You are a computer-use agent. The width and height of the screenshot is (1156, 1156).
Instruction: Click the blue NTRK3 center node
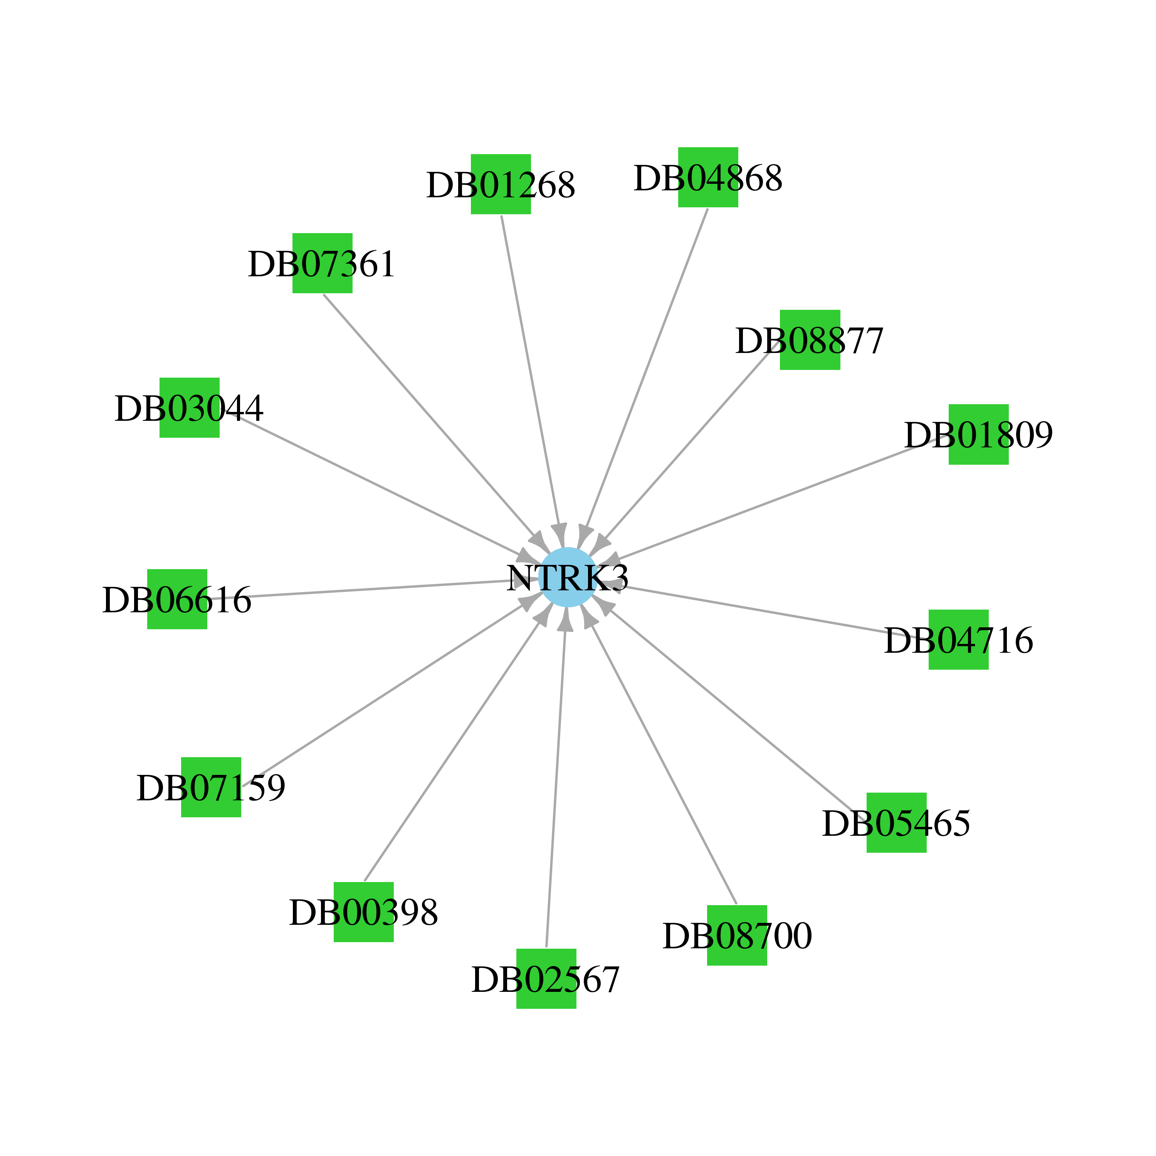pos(567,577)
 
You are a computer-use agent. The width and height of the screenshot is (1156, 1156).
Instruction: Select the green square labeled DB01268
pos(501,184)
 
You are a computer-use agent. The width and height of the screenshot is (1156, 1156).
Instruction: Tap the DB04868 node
pos(708,177)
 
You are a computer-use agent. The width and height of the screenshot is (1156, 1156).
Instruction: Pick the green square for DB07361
pos(323,263)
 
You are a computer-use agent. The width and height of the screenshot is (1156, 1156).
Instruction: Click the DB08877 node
pos(810,340)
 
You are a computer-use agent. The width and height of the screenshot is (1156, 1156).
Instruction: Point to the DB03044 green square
pos(190,407)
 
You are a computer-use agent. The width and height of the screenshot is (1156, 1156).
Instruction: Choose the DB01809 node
pos(979,434)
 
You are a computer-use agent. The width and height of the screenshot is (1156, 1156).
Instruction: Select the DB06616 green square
pos(178,599)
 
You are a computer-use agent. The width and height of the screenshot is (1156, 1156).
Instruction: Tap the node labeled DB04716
pos(959,640)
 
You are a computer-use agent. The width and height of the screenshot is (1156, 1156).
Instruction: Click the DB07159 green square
pos(211,787)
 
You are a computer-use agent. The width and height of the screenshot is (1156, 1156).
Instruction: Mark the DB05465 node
pos(897,823)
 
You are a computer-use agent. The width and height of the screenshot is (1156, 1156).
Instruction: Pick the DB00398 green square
pos(364,912)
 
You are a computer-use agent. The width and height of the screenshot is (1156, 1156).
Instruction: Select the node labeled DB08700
pos(737,935)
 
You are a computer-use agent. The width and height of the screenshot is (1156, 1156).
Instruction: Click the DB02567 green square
pos(546,978)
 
